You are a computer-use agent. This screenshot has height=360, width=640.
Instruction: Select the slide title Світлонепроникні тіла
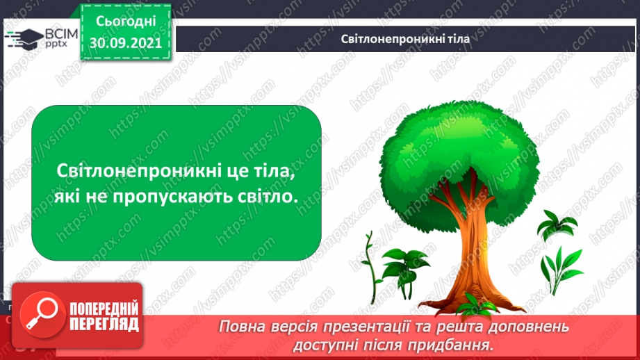coord(405,39)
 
